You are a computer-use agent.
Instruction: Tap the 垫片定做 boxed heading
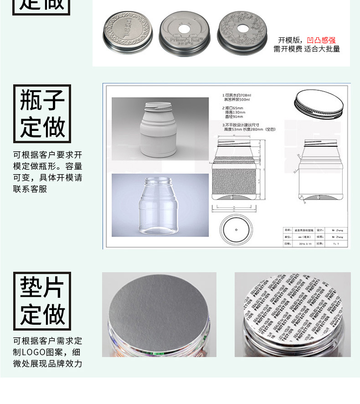(42, 301)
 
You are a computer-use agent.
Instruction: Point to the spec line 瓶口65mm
(232, 108)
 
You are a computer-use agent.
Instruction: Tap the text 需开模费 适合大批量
(307, 49)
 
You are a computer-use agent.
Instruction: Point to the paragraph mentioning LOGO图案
(47, 352)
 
